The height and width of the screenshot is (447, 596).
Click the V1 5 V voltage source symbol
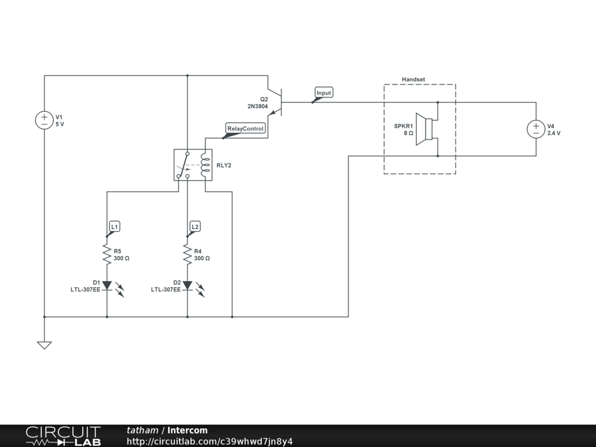tap(44, 120)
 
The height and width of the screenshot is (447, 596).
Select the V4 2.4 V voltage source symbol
tap(535, 129)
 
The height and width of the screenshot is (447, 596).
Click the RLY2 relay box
tap(191, 165)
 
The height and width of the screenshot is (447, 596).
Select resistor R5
tap(107, 254)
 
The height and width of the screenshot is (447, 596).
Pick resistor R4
tap(187, 254)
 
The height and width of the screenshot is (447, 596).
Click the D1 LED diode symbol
tap(107, 285)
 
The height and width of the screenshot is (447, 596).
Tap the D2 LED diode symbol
tap(187, 285)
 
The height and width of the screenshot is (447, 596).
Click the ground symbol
tap(44, 345)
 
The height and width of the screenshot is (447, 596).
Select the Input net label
tap(324, 93)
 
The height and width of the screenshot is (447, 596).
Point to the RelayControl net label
tap(246, 129)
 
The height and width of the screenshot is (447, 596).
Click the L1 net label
tap(115, 226)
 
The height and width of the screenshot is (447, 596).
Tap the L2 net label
tap(195, 226)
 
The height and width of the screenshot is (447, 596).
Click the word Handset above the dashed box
tap(413, 79)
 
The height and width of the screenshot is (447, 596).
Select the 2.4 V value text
tap(554, 133)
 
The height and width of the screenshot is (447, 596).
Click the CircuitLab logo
tap(63, 436)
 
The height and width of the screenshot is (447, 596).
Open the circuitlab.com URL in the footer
tap(210, 441)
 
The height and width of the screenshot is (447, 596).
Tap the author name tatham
tap(143, 431)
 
